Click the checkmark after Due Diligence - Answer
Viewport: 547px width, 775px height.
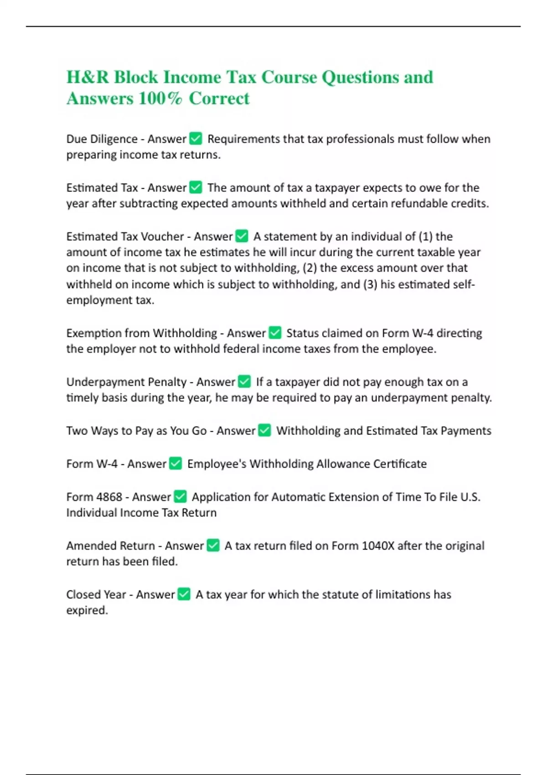(196, 138)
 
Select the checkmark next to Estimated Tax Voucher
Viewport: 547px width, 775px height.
(242, 236)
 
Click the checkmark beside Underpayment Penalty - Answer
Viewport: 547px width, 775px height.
(244, 382)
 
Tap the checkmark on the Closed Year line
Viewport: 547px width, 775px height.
(184, 594)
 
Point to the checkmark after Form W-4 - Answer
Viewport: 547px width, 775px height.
(175, 464)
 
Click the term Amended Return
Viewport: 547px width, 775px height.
(111, 546)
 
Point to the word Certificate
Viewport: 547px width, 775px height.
(400, 464)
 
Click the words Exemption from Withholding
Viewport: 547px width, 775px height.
(141, 333)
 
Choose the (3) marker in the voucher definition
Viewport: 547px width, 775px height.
(370, 284)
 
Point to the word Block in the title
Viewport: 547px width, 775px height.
(135, 77)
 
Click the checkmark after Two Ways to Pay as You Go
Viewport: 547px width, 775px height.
(264, 430)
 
